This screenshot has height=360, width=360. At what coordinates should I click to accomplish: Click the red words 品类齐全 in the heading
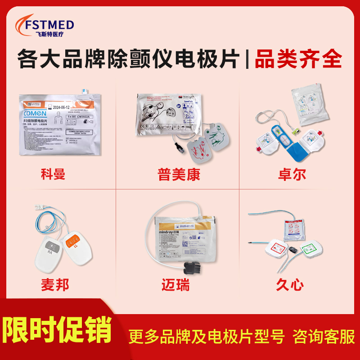pos(299,59)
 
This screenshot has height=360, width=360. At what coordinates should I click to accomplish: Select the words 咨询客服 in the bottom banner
pos(324,336)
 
